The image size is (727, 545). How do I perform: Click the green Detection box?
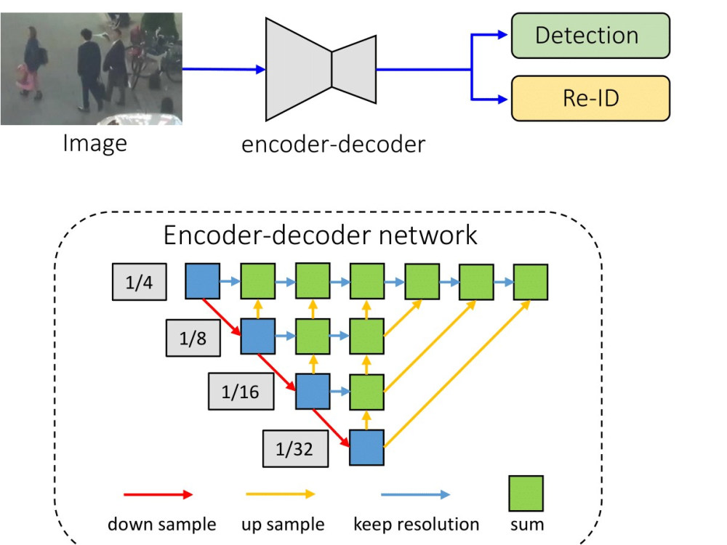coord(590,36)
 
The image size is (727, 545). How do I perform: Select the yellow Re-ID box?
coord(590,98)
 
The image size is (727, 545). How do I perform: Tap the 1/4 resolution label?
coord(139,282)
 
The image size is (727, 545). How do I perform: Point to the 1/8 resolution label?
coord(193,338)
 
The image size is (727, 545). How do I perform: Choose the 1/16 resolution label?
coord(241,392)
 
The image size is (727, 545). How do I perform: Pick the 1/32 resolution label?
coord(295,448)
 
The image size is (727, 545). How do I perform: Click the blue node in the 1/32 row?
coord(366,448)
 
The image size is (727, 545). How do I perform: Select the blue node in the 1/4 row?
coord(203,280)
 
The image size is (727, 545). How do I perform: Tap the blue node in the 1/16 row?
coord(313,392)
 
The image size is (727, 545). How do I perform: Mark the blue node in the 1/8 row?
coord(258,336)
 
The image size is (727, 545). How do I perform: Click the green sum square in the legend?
coord(526,493)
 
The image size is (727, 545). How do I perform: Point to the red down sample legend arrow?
coord(158,494)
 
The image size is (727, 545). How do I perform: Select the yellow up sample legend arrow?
coord(281,494)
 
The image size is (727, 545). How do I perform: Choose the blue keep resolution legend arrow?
coord(415,494)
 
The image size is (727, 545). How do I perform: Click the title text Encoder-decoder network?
coord(320,235)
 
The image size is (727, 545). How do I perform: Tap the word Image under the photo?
coord(95,143)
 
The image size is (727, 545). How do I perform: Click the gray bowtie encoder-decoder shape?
coord(321,70)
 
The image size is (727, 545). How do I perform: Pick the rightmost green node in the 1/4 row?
coord(531,282)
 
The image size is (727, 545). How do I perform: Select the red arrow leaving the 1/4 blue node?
coord(222,317)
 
